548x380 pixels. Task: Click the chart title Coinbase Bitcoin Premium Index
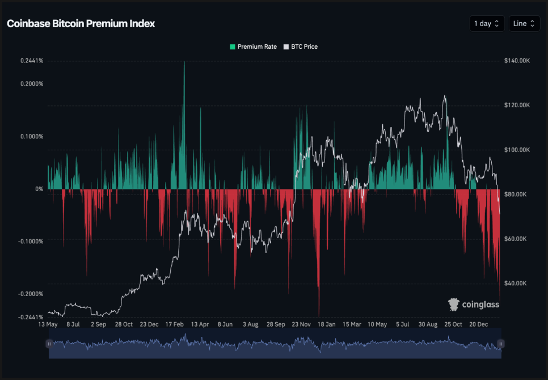click(x=81, y=23)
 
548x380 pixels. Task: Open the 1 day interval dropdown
click(x=487, y=23)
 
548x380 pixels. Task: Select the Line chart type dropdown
click(x=524, y=23)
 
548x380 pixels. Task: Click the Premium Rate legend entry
click(x=253, y=47)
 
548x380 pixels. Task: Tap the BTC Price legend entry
click(x=301, y=47)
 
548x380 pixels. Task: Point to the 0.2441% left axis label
click(x=32, y=61)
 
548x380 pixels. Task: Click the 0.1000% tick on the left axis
click(x=32, y=136)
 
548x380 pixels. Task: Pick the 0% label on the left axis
click(x=40, y=189)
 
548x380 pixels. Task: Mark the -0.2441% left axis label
click(x=31, y=317)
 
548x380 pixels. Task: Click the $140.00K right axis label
click(x=516, y=61)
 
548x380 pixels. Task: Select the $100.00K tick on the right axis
click(x=516, y=150)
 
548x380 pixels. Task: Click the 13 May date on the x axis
click(x=48, y=324)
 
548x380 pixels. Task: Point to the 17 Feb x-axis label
click(x=174, y=324)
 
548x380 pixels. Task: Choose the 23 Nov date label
click(x=301, y=324)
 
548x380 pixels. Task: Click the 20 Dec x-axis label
click(x=479, y=324)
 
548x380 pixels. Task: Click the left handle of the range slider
click(x=49, y=344)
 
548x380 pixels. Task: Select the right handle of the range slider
click(x=500, y=344)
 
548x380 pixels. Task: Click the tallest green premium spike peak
click(x=184, y=62)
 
